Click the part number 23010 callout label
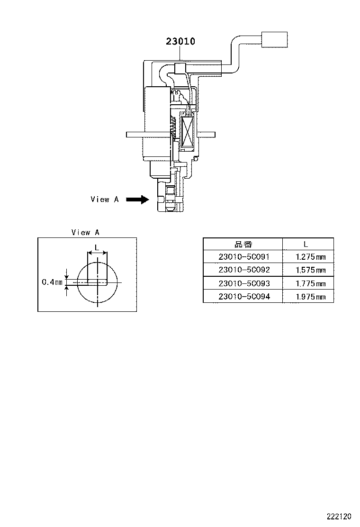(180, 42)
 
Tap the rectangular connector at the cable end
(275, 39)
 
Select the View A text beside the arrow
(104, 200)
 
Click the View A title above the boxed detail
(85, 232)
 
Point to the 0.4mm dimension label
(52, 282)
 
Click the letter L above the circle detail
(97, 247)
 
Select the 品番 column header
(243, 244)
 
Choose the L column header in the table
(306, 244)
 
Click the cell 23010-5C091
(243, 257)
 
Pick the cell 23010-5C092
(243, 270)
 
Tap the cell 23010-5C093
(243, 283)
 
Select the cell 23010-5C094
(243, 297)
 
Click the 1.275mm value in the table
(310, 257)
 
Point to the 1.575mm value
(310, 270)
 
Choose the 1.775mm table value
(310, 284)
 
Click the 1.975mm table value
(310, 297)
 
